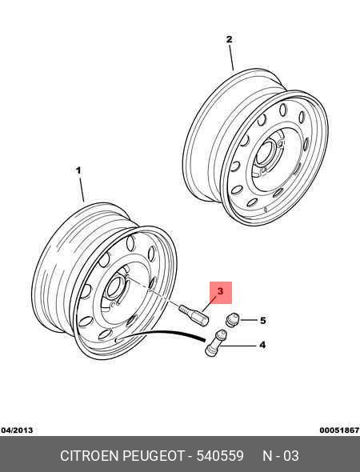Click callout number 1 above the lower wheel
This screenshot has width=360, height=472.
(x=78, y=170)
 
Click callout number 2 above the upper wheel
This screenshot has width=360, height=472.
(x=229, y=39)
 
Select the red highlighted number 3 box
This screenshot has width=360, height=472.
(x=221, y=292)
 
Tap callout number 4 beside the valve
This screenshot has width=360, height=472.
(x=262, y=345)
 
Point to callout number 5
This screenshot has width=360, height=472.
(x=262, y=321)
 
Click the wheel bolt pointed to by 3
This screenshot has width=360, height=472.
(x=194, y=315)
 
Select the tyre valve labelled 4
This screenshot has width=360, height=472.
(x=215, y=342)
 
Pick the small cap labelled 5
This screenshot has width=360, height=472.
(x=232, y=319)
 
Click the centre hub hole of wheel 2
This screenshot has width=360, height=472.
(x=265, y=153)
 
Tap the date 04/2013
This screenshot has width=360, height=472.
(x=17, y=430)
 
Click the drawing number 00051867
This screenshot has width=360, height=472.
(x=339, y=430)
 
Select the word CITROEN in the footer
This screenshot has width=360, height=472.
(x=90, y=456)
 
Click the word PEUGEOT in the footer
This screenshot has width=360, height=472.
(x=154, y=456)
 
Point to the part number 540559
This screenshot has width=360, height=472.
(x=220, y=456)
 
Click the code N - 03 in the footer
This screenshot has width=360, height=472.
(x=281, y=456)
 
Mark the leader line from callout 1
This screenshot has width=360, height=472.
(x=82, y=190)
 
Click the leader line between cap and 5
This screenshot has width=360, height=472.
(x=249, y=320)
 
